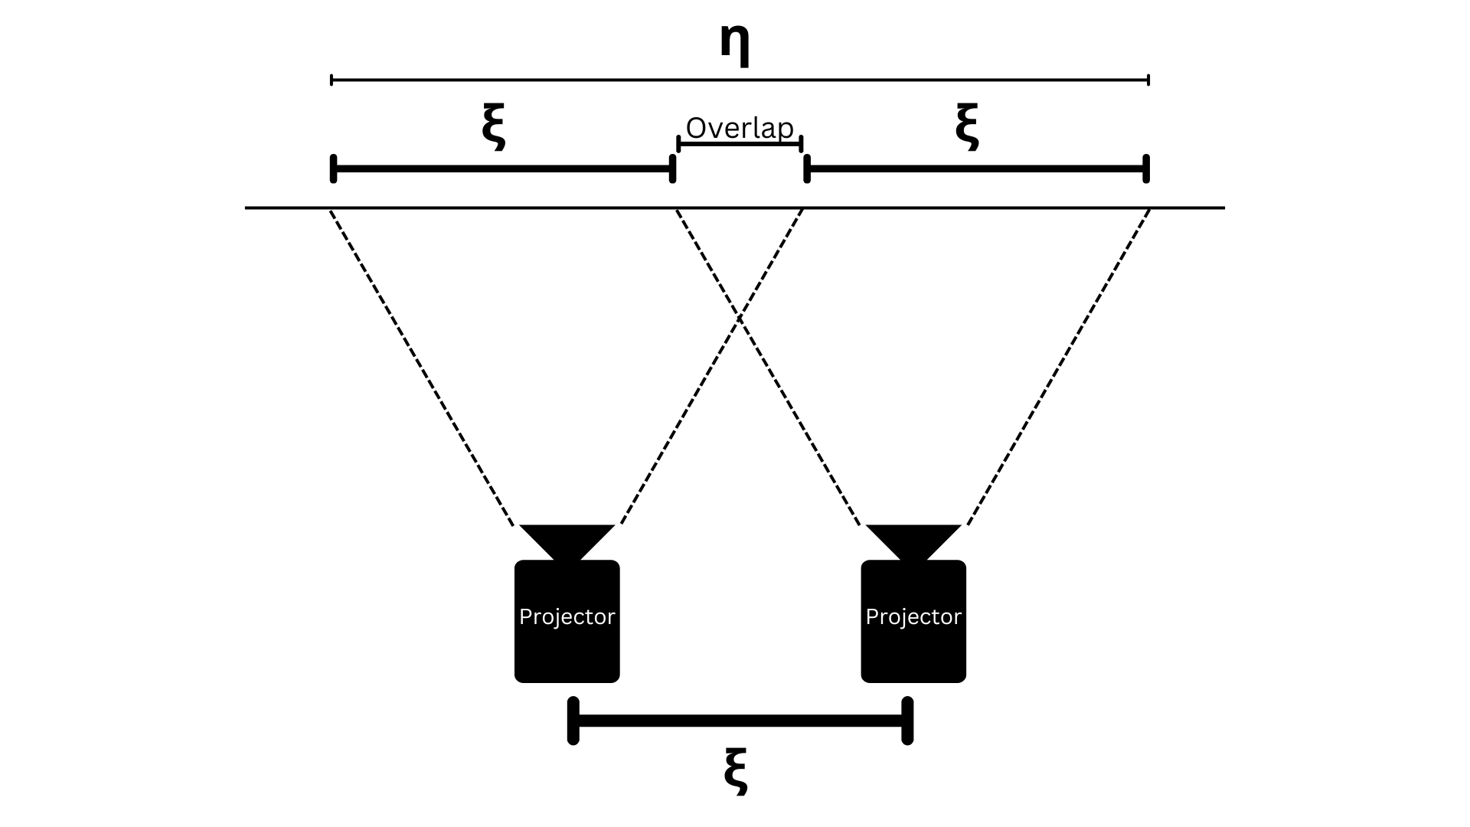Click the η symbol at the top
(734, 44)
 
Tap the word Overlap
(740, 128)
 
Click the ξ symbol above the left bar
(494, 127)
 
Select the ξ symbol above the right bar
(967, 127)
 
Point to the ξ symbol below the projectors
(735, 773)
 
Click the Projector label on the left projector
(567, 617)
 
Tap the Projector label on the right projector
(913, 617)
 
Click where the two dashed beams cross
(740, 316)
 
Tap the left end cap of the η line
(331, 80)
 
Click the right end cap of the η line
(1148, 80)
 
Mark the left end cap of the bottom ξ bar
(573, 721)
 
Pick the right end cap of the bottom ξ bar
(907, 721)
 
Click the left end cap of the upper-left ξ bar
(333, 168)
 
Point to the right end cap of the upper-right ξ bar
(1146, 168)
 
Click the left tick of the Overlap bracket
(678, 143)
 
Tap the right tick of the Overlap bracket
(801, 143)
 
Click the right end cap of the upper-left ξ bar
(672, 168)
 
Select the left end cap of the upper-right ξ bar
(807, 168)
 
